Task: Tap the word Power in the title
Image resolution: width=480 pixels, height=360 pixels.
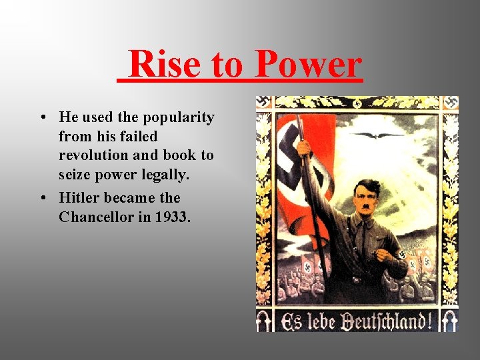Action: (x=308, y=65)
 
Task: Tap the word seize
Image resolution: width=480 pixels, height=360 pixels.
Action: (x=77, y=174)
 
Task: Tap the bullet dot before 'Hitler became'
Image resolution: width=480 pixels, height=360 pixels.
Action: (x=42, y=199)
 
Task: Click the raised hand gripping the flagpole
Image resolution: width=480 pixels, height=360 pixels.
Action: (x=304, y=146)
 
